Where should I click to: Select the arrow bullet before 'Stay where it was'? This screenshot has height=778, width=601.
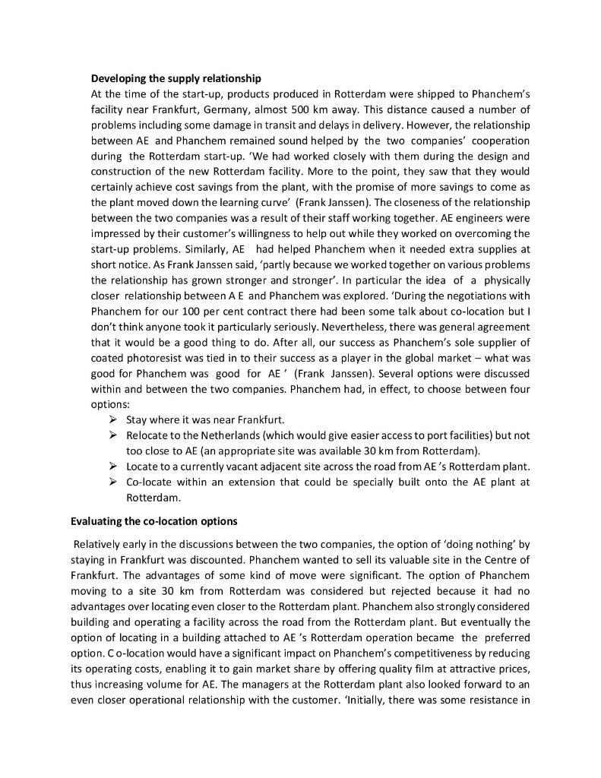coord(112,419)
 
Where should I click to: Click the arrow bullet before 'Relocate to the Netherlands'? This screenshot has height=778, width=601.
coord(112,435)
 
